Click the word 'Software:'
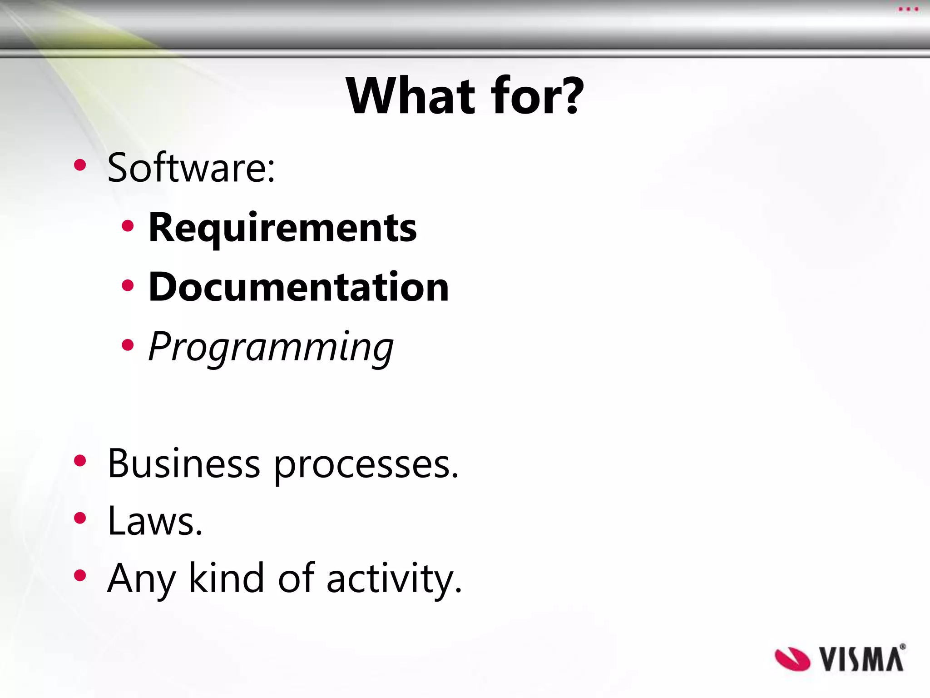pos(191,168)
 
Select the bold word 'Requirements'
pos(282,228)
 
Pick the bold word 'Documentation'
pos(299,287)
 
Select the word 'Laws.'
pos(155,521)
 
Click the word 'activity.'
pos(394,579)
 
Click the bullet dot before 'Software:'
pos(80,165)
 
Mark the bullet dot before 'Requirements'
pos(128,226)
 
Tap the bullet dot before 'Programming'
pos(128,345)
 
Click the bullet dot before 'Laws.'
pos(80,518)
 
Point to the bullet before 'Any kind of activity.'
pos(80,576)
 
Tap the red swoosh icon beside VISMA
pos(792,659)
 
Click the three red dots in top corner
pos(908,9)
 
